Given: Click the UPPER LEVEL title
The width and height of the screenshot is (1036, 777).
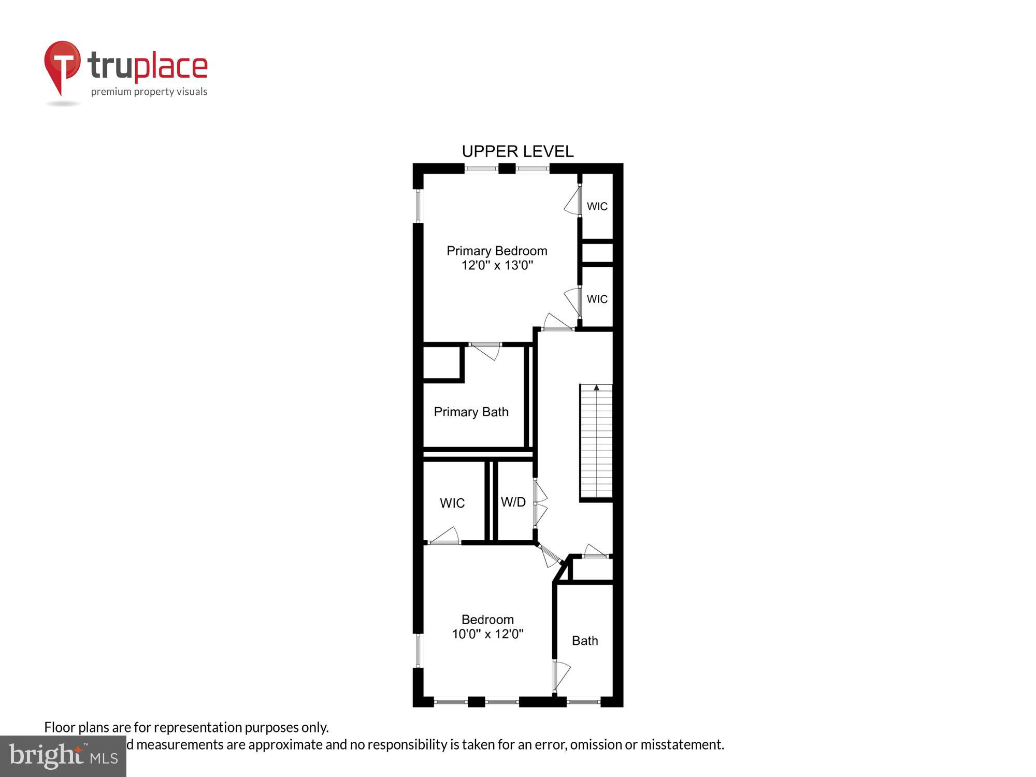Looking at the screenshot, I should (517, 151).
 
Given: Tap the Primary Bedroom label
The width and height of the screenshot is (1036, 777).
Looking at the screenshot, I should (497, 251).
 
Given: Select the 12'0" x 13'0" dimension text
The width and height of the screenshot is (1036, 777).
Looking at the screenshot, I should (497, 266).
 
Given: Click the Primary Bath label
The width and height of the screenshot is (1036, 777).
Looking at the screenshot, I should (471, 412).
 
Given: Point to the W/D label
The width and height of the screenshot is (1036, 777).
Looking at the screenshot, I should (513, 501).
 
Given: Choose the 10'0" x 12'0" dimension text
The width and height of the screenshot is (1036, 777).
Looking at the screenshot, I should (487, 634).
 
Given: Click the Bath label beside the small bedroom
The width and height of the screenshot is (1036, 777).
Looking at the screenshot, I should (585, 641).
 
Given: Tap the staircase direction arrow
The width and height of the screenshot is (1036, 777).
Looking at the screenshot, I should (596, 387).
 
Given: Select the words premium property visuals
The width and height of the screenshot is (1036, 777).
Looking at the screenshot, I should (149, 92).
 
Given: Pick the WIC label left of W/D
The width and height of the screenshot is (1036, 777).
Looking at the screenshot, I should (452, 503).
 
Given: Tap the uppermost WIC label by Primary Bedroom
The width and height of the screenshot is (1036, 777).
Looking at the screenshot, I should (597, 206).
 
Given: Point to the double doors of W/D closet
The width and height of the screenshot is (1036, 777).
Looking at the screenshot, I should (540, 502).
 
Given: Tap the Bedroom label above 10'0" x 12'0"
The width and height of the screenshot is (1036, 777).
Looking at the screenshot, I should (487, 620).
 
